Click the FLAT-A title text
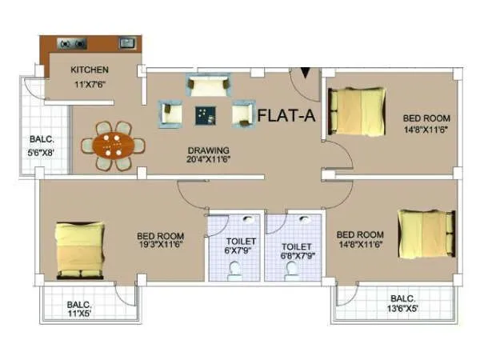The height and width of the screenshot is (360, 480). (286, 117)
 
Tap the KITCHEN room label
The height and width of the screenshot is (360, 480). (90, 69)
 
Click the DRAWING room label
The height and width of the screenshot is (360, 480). (209, 150)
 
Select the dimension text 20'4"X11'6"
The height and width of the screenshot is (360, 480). (209, 160)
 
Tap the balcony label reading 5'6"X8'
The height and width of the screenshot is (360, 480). (41, 144)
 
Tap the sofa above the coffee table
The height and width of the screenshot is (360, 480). (207, 85)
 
